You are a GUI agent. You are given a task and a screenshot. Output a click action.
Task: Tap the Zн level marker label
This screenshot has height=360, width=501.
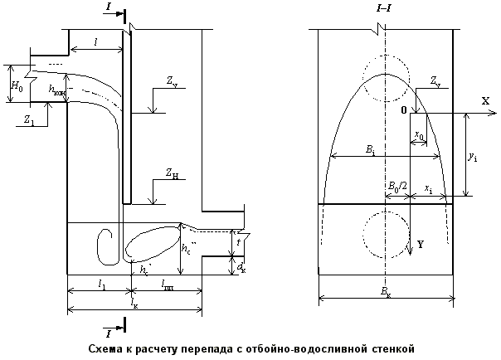pos(171,174)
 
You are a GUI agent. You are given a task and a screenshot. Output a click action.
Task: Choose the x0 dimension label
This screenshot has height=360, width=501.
pos(419,134)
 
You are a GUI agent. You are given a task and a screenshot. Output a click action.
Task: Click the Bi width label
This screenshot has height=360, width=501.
pos(369,150)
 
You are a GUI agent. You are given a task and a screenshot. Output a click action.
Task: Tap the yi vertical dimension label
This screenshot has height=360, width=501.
pos(472,156)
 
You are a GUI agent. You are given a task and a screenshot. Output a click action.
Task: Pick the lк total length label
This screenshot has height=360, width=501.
pos(134,304)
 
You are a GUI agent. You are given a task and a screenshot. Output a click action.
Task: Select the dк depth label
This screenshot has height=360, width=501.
pos(241,268)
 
